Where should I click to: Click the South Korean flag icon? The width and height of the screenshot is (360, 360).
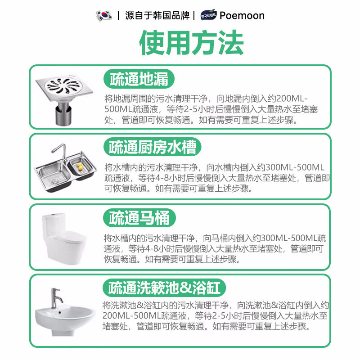point(103,15)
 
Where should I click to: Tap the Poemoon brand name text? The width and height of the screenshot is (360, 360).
point(242,15)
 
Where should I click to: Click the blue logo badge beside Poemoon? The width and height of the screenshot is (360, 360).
point(209,15)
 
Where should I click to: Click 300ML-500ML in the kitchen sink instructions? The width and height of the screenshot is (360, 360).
point(292,166)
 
